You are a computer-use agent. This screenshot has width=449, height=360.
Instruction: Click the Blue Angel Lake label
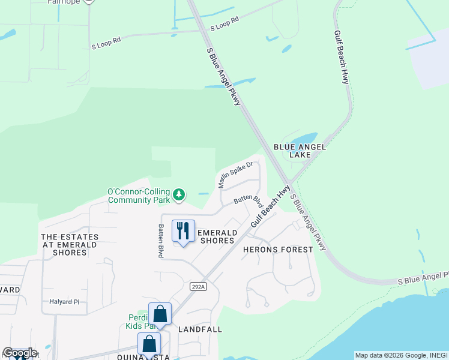click(300, 151)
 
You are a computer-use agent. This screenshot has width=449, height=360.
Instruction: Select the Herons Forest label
click(278, 249)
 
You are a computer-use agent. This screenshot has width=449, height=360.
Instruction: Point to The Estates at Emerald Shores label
click(64, 245)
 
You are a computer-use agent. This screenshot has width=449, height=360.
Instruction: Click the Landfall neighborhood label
click(200, 329)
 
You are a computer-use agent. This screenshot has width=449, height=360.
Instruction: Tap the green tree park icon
click(178, 194)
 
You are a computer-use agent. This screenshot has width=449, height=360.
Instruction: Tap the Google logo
click(19, 353)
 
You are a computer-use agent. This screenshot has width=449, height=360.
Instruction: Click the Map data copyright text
click(400, 355)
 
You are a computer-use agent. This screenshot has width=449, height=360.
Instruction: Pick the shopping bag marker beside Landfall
click(160, 314)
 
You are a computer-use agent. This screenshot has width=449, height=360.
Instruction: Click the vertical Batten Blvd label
click(161, 241)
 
